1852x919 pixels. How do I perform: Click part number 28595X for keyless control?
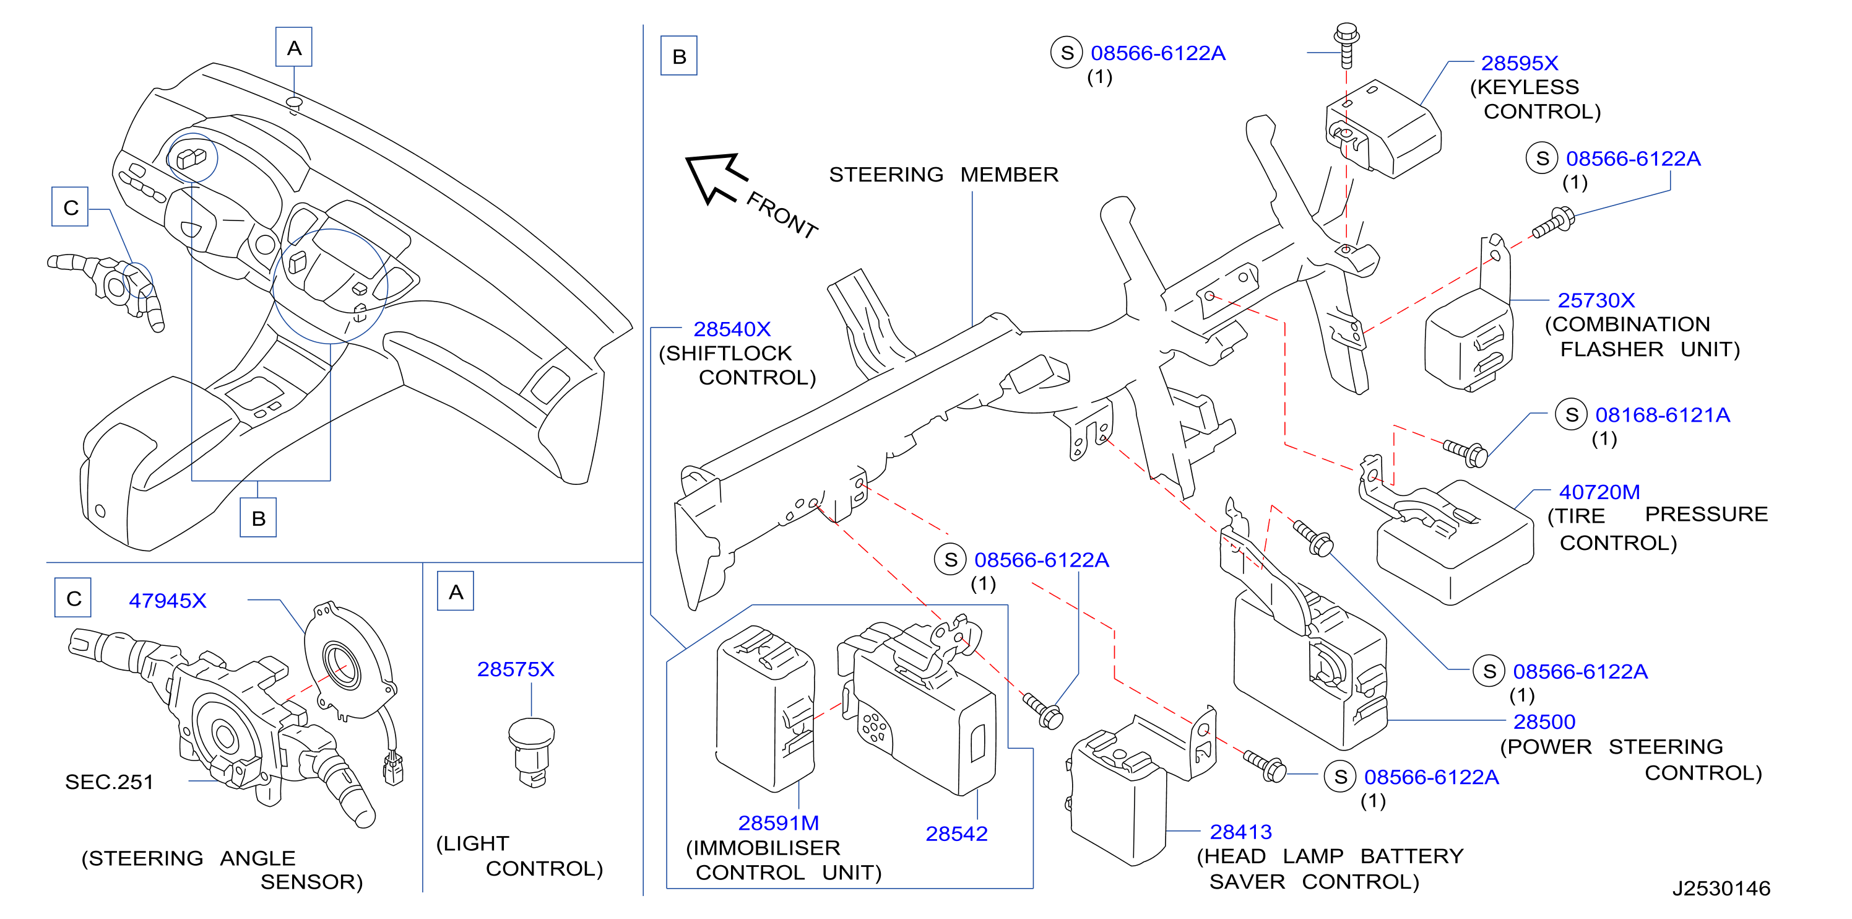tap(1519, 63)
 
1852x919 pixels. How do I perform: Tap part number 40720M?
tap(1599, 492)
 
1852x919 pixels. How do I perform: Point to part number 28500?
tap(1544, 721)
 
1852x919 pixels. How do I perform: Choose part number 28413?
tap(1241, 832)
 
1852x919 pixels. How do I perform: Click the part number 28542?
tap(956, 834)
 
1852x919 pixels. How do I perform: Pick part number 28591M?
tap(779, 822)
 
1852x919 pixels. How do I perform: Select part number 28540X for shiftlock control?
tap(732, 329)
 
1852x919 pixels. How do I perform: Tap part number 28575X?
tap(516, 669)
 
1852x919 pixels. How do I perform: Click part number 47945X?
tap(168, 601)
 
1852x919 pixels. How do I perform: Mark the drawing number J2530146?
tap(1721, 889)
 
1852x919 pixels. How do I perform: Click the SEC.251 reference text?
tap(110, 782)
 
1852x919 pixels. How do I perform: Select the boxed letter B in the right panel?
tap(678, 56)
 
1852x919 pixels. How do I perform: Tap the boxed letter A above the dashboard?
tap(294, 48)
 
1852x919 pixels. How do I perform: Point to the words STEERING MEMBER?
tap(943, 175)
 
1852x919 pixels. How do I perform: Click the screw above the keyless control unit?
tap(1346, 45)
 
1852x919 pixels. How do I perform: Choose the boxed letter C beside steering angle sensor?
tap(73, 598)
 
